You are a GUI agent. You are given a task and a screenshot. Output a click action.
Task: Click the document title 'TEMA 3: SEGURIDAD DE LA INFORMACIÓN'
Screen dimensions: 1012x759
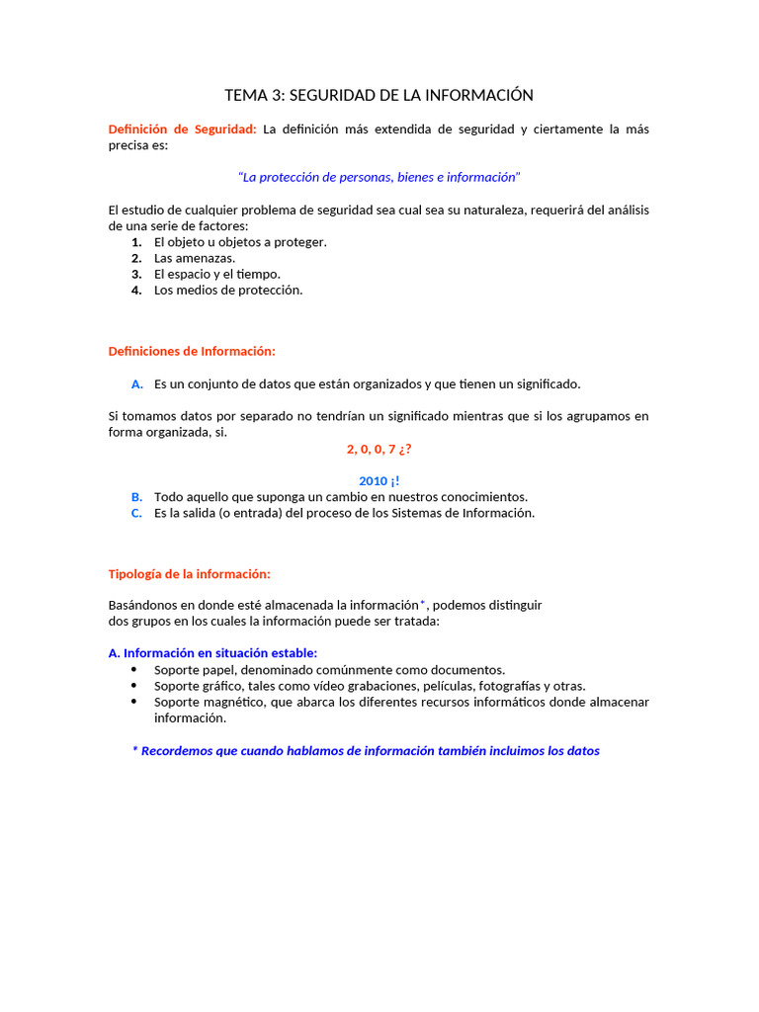(379, 95)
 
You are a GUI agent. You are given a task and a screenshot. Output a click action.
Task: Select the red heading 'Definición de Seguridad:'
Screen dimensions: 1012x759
(182, 128)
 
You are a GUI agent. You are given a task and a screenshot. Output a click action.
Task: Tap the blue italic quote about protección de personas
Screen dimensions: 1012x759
(379, 177)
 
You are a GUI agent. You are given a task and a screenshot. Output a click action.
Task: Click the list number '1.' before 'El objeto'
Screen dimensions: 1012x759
(136, 242)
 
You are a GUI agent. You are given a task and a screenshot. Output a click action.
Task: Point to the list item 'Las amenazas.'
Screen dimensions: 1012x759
(195, 258)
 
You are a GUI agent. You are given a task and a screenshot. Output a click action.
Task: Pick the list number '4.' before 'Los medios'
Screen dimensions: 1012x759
(136, 290)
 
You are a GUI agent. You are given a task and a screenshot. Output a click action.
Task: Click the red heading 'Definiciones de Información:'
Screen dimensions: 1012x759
(192, 351)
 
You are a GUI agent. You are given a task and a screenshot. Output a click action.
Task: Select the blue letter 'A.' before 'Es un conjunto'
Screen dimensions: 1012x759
(136, 383)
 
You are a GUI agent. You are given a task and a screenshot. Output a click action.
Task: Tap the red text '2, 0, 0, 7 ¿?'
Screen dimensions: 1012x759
(379, 449)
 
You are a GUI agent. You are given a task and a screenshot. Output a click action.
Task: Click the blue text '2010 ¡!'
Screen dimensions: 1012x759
(379, 480)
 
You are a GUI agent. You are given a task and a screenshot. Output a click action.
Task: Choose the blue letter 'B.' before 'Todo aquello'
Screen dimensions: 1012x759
(136, 497)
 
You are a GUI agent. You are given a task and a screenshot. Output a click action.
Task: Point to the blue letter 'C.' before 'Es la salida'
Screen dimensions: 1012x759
(136, 513)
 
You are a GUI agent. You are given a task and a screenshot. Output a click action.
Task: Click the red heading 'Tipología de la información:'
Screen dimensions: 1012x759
(189, 573)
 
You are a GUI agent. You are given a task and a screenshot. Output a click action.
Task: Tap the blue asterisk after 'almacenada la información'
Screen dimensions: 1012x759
(423, 603)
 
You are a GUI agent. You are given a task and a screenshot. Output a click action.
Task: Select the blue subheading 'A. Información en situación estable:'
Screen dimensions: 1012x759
(212, 652)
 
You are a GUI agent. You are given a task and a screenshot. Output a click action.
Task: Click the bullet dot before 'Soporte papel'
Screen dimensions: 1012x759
(134, 669)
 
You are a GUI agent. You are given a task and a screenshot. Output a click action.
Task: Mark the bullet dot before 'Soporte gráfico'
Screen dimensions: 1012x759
(134, 685)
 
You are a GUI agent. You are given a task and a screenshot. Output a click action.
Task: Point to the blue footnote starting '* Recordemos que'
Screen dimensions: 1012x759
(366, 750)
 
